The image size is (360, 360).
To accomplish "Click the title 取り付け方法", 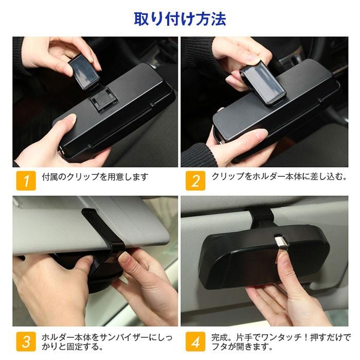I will [x=180, y=19].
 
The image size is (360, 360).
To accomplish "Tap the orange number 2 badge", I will [x=195, y=181].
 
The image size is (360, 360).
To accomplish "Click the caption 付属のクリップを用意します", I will [x=95, y=177].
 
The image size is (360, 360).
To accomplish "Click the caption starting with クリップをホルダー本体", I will [x=279, y=176].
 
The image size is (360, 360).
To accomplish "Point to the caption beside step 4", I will [x=280, y=342].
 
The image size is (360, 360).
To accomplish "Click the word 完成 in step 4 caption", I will [x=221, y=337].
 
